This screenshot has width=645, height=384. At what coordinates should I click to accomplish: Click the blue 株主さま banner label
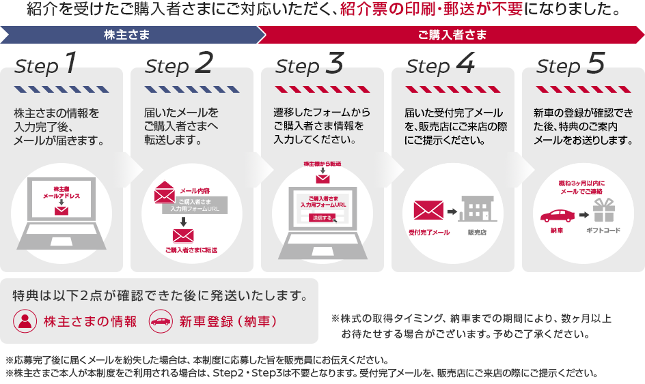click(x=127, y=35)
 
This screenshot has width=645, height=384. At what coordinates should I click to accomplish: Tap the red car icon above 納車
click(x=557, y=215)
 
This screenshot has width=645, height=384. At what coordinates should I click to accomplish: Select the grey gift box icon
click(x=604, y=211)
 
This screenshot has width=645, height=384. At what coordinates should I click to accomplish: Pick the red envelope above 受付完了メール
click(x=428, y=210)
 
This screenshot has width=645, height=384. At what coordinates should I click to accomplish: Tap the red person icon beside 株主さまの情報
click(x=25, y=321)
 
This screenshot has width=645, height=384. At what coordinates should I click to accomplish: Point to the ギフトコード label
click(x=603, y=231)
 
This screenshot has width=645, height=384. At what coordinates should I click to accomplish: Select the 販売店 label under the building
click(x=477, y=233)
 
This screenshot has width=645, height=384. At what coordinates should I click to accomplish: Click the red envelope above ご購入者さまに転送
click(x=183, y=236)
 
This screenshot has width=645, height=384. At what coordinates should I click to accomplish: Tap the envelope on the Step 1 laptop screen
click(x=62, y=210)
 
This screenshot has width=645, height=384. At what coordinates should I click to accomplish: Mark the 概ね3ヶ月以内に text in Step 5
click(x=583, y=183)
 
